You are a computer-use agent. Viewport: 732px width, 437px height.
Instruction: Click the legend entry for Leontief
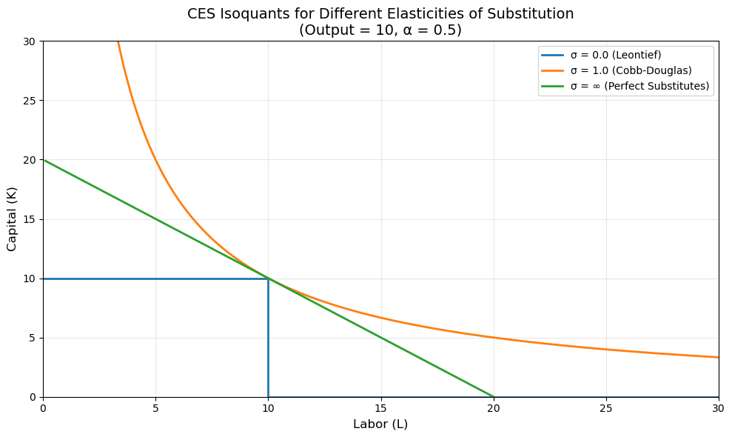616,55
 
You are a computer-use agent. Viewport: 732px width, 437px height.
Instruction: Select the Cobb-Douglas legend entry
631,70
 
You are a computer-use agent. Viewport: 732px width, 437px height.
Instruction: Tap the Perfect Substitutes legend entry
639,86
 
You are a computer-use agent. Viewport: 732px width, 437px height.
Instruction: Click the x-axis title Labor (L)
380,424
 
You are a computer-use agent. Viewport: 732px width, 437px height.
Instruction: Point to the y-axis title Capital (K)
12,219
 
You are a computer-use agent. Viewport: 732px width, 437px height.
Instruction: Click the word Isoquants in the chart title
264,14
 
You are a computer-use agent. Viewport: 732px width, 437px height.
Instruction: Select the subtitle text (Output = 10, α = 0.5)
380,30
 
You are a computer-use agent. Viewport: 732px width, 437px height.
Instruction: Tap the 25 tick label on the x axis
605,408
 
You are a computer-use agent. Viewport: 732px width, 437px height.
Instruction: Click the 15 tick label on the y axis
30,219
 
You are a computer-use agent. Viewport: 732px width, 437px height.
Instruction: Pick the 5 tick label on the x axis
155,408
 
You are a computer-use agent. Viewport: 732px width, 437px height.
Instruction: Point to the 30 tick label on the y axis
30,41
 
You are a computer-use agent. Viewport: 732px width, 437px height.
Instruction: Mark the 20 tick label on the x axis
493,408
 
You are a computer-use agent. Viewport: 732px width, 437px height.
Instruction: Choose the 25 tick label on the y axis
30,101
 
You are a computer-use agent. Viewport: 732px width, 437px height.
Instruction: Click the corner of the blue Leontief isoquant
268,278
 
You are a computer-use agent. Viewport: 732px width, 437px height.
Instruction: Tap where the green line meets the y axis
44,160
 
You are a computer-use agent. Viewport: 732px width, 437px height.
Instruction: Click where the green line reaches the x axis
493,396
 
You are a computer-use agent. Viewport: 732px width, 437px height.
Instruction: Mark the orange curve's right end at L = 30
717,357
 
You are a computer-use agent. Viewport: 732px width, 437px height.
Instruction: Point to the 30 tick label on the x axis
718,408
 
